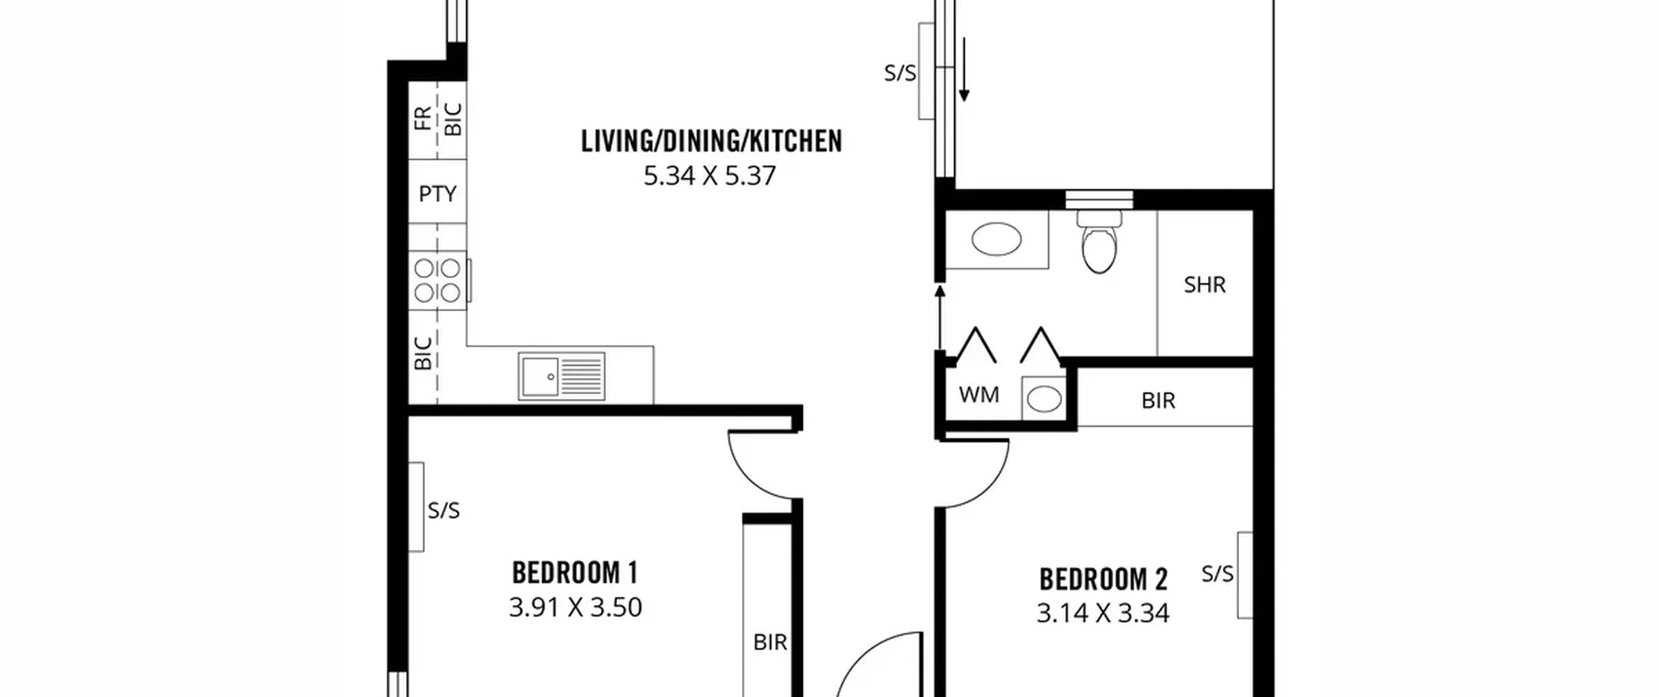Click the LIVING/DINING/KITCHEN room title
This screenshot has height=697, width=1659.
[711, 141]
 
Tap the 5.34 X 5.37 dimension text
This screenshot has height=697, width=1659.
[710, 176]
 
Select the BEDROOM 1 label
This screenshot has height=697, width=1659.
[575, 573]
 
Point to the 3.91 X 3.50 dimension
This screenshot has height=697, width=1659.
[575, 608]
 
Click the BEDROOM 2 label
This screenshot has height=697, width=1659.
[1103, 579]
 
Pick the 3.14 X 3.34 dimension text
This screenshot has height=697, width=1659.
[1103, 613]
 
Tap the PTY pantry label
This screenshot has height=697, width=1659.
[437, 193]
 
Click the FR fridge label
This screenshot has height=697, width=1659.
[423, 118]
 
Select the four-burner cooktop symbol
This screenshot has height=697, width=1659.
[438, 280]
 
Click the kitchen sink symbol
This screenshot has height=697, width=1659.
[561, 376]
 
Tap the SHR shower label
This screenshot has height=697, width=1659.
[1205, 285]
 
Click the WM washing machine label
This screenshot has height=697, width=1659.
[979, 394]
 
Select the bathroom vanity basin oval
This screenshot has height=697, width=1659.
[996, 239]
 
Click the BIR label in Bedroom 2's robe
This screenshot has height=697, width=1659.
[1158, 401]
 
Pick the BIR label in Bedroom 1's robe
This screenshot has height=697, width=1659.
[770, 642]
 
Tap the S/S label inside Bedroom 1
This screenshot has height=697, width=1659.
[443, 510]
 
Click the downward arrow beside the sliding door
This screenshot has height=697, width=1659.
[964, 69]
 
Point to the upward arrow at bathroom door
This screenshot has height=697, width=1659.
[940, 318]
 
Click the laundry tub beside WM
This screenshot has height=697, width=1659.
[1043, 398]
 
